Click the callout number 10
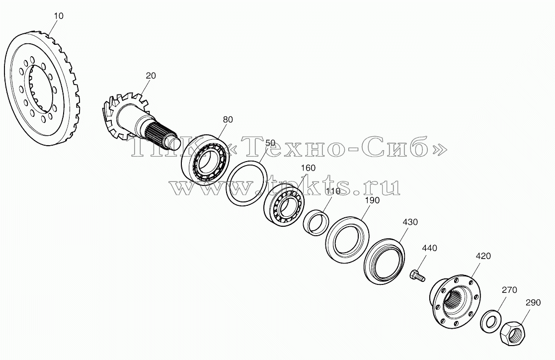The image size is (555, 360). point(59,16)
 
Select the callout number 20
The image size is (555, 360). point(151,76)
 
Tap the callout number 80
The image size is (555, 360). point(228,119)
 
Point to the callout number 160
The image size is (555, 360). point(308,168)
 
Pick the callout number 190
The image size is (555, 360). point(372,200)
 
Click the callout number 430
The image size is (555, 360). point(410,222)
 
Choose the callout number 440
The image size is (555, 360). point(429,248)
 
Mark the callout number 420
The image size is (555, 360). point(483,256)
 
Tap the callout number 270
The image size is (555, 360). point(509,290)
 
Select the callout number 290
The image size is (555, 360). point(533,302)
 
